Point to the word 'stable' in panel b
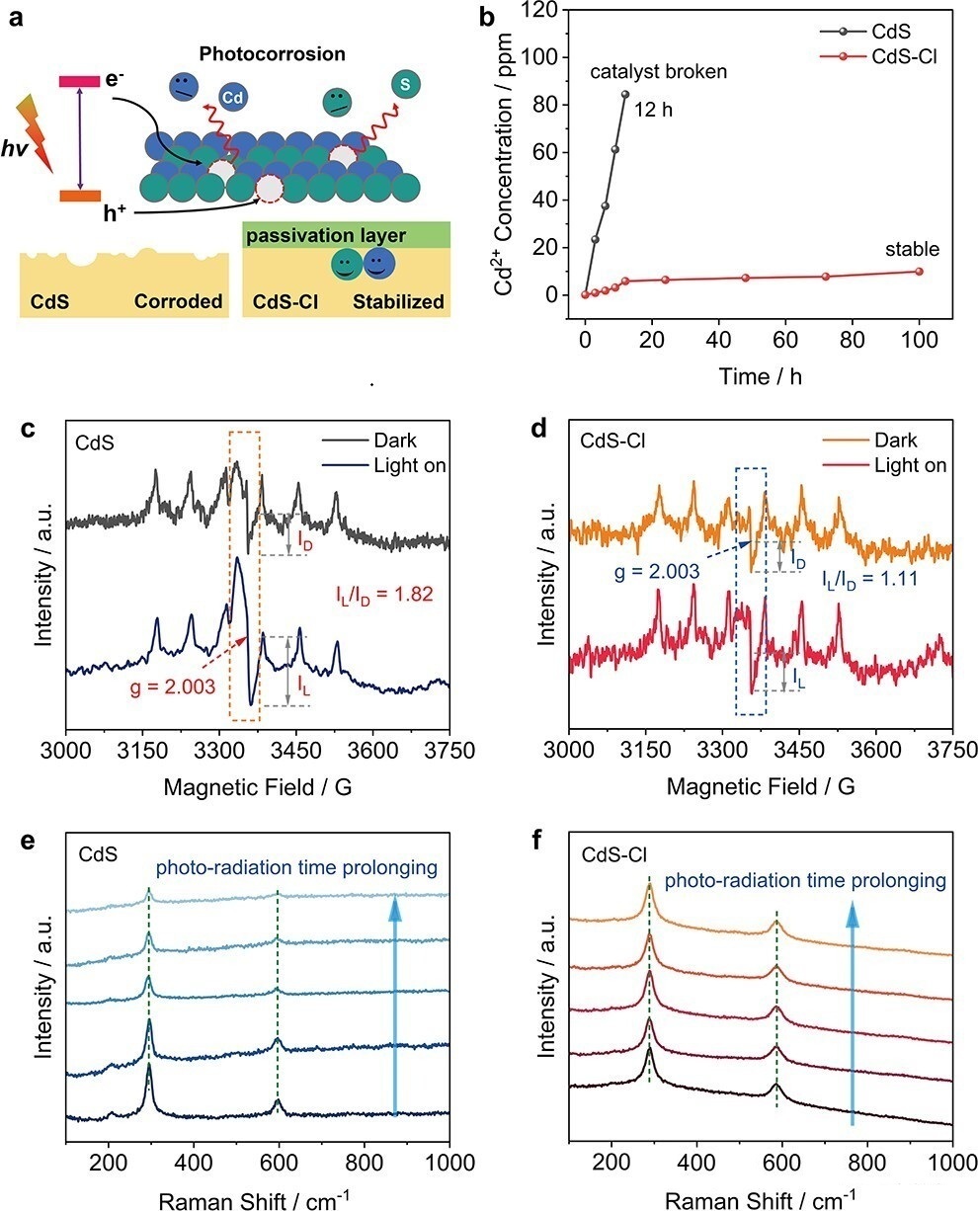coord(913,249)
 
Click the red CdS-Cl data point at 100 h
coord(920,272)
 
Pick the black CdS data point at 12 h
coord(625,95)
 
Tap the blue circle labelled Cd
coord(232,99)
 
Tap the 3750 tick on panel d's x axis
coord(952,749)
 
